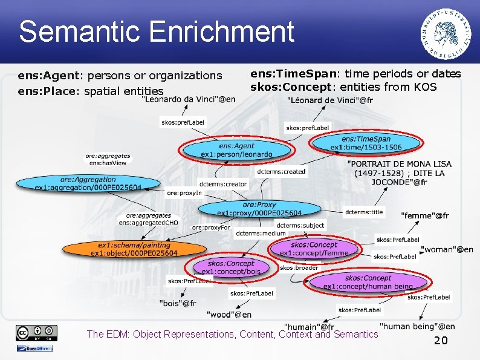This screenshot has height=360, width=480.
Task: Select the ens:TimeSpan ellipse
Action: pos(366,143)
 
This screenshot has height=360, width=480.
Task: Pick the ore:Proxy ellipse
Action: pos(259,209)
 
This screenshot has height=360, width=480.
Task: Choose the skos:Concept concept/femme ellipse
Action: pos(314,249)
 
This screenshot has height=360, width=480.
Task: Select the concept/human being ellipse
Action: pos(368,282)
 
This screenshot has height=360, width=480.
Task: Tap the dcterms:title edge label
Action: pos(363,212)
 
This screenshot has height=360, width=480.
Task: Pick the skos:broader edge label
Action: pos(299,267)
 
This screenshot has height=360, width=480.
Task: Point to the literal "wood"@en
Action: pos(229,315)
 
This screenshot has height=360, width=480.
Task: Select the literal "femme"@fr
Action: pos(425,215)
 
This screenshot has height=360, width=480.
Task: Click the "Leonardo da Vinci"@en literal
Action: pos(189,99)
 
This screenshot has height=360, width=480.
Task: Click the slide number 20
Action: pos(441,341)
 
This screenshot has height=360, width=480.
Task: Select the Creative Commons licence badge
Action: pos(37,332)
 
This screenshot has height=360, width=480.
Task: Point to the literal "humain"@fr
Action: pos(308,327)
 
